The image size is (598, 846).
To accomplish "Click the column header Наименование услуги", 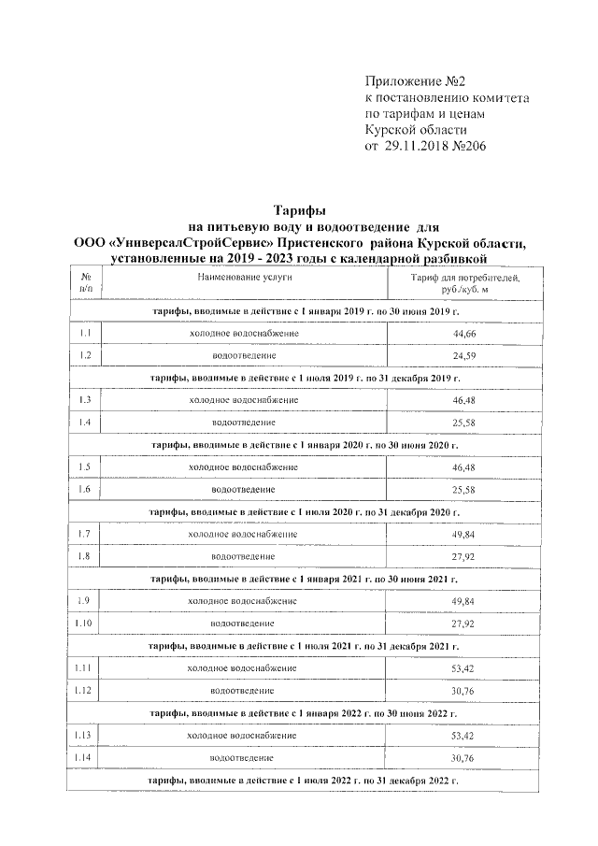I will pos(245,279).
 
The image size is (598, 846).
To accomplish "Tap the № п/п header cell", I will pos(86,285).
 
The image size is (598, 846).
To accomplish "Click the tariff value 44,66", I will pos(463,333).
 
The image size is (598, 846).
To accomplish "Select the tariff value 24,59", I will pos(463,356).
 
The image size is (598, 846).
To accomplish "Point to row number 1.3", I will pos(86,400).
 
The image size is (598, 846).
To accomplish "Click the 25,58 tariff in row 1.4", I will pos(463,423).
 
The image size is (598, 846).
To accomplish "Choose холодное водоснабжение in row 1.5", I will pos(243,466).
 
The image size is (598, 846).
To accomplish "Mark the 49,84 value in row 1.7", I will pos(463,535).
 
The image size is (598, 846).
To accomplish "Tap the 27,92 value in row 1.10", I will pos(463,624).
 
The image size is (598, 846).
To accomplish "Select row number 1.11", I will pos(86,668).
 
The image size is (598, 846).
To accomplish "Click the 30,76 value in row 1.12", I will pos(463,691).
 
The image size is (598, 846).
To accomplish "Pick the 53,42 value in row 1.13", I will pos(463,736).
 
